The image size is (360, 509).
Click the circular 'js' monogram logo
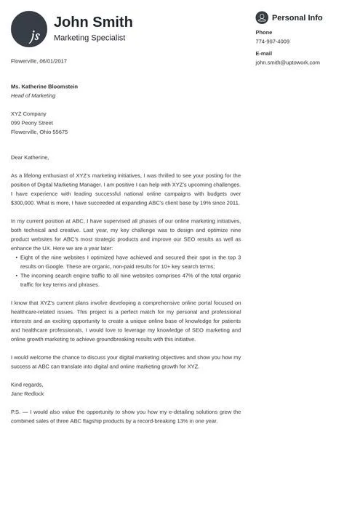coord(29,29)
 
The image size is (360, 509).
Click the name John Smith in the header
coord(93,22)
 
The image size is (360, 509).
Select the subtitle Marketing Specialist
coord(89,37)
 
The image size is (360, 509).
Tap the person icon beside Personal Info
coord(262,17)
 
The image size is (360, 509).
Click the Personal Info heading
coord(297,17)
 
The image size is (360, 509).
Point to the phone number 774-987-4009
coord(272,41)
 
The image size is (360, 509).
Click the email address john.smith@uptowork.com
coord(287,63)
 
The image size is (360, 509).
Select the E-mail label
coord(263,53)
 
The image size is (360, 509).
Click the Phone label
coord(263,32)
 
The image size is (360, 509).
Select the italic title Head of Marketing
coord(33,95)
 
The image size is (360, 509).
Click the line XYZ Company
coord(28,113)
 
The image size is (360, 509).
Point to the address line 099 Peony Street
coord(32,123)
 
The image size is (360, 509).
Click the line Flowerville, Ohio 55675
coord(39,132)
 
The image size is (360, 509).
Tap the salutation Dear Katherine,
coord(30,157)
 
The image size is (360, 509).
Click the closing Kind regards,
coord(27,384)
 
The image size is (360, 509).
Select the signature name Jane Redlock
coord(28,393)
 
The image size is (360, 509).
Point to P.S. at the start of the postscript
coord(15,412)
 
